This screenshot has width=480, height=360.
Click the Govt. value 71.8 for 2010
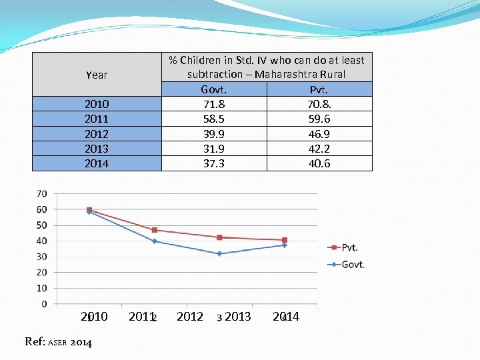213,104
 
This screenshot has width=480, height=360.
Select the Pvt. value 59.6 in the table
319,119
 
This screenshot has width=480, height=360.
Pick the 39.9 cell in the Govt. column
213,134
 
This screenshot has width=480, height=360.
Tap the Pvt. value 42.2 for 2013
319,149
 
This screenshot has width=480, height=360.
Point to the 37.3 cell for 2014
213,163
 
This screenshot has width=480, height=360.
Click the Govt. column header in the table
213,89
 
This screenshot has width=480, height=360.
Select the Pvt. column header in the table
319,89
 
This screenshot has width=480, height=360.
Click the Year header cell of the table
97,75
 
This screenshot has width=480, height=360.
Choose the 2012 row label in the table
97,134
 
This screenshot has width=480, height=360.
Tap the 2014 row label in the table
97,163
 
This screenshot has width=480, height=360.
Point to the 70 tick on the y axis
41,194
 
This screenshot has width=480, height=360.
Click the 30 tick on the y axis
41,257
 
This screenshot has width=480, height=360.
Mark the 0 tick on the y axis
44,304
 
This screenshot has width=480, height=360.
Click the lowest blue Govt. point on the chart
219,254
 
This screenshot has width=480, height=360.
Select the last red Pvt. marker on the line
285,240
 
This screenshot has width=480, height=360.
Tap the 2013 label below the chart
237,316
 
